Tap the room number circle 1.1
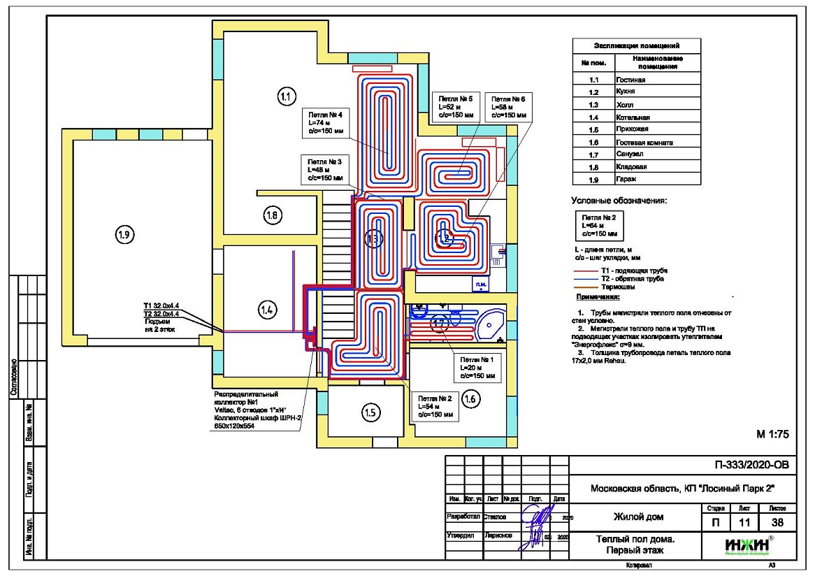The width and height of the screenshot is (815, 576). click(x=286, y=96)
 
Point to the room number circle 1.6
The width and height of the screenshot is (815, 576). click(x=471, y=399)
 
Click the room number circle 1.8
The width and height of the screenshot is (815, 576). click(x=273, y=216)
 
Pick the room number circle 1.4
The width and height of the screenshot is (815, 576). click(x=267, y=308)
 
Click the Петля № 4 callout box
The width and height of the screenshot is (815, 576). click(x=322, y=122)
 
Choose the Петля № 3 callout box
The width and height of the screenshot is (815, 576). click(x=322, y=169)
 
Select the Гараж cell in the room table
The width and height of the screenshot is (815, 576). click(x=627, y=180)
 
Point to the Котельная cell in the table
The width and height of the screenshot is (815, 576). click(x=633, y=117)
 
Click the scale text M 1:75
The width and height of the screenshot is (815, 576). click(x=772, y=434)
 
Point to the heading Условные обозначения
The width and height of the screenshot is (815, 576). click(x=619, y=201)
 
